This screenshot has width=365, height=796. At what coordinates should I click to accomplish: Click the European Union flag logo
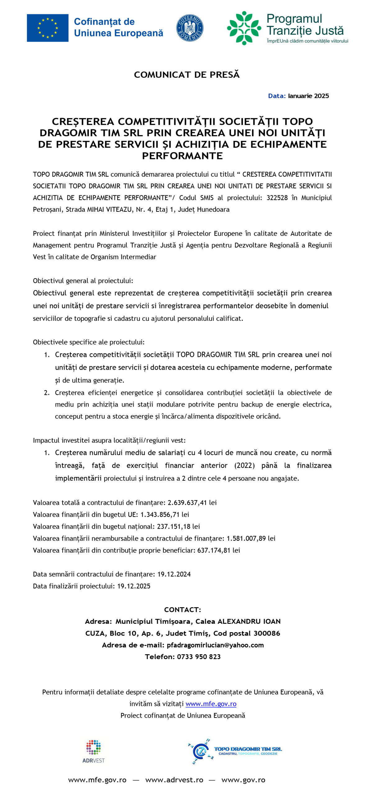coord(48,28)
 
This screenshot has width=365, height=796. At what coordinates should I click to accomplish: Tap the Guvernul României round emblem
coord(190,28)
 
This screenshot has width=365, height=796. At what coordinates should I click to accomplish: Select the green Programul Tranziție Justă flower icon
coord(244,28)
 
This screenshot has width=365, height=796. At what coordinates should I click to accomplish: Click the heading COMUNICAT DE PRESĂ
coord(187,75)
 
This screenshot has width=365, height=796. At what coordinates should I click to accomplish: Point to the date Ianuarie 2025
coord(308,96)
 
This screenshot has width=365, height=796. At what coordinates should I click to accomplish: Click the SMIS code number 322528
coord(277,198)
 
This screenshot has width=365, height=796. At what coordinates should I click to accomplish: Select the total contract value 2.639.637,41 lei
coord(192,503)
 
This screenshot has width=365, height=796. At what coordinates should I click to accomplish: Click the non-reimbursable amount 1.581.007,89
coord(246,539)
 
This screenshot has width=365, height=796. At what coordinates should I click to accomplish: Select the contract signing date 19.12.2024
coord(174,574)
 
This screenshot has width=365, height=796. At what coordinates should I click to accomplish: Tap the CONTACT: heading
coord(182,610)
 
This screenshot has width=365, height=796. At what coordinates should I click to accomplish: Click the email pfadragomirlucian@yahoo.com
coord(215,645)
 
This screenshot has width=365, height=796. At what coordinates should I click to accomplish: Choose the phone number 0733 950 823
coord(198,657)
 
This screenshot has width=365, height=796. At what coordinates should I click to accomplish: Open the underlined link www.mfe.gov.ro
coord(211,704)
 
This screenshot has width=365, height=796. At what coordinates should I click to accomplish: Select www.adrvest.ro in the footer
coord(174,780)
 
